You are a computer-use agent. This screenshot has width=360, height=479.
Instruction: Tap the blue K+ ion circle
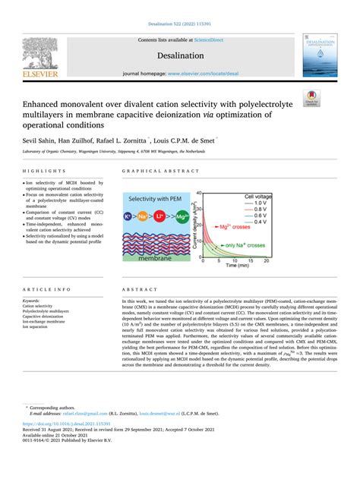pyautogui.click(x=130, y=218)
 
